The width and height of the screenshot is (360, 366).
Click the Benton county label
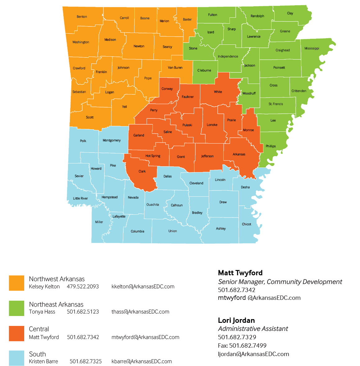[82, 17]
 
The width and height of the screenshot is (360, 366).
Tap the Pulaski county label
[187, 125]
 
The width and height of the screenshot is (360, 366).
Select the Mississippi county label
[312, 48]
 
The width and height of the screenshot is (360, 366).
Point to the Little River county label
[80, 198]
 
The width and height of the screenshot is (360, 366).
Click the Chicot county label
[246, 224]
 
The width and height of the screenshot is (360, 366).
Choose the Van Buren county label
[175, 67]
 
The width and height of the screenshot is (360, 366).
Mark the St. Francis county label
[276, 104]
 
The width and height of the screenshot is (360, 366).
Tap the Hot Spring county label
[153, 156]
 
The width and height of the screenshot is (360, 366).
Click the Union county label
[172, 231]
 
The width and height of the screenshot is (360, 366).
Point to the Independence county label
[228, 56]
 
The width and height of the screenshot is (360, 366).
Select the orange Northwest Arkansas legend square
[16, 283]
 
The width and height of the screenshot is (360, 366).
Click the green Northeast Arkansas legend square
[16, 308]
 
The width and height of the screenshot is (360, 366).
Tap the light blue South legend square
[16, 358]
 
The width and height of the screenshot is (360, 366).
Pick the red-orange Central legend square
[16, 333]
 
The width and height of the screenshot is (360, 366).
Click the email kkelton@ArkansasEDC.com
[143, 286]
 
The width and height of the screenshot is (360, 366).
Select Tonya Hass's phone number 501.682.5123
[83, 312]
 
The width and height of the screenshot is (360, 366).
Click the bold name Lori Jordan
[236, 320]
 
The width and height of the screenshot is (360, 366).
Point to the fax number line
[242, 345]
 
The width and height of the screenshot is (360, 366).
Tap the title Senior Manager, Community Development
[280, 282]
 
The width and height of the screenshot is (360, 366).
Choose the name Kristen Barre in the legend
[43, 361]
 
